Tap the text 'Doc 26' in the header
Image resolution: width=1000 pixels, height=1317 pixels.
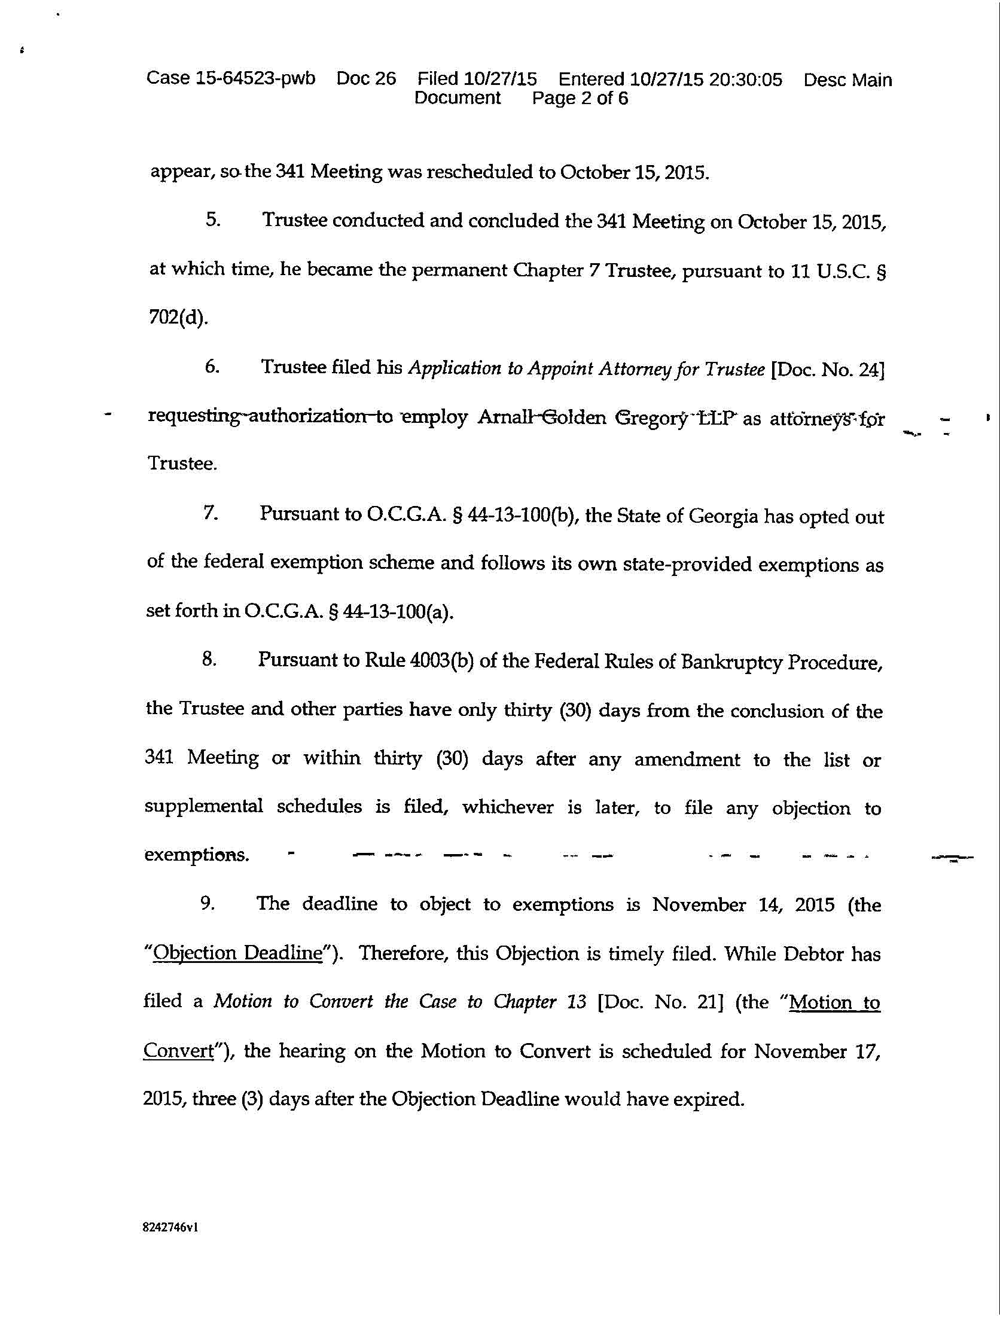[x=366, y=78]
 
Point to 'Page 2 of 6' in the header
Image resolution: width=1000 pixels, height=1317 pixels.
[x=580, y=98]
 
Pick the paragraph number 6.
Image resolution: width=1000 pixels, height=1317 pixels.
[x=212, y=367]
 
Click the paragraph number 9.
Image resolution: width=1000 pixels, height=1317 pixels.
[x=208, y=903]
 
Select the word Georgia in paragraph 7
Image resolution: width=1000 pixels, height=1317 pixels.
[x=723, y=516]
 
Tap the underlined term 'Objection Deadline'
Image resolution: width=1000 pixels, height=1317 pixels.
[x=237, y=953]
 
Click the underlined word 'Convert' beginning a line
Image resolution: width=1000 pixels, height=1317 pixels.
[x=178, y=1051]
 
